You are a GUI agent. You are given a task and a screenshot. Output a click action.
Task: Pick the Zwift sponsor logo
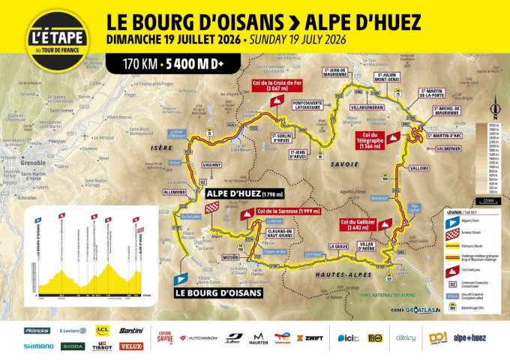pyautogui.click(x=309, y=338)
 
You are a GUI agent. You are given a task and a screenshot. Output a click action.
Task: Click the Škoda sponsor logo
pyautogui.click(x=73, y=346)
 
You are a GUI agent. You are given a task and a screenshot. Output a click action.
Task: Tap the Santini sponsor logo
pyautogui.click(x=131, y=330)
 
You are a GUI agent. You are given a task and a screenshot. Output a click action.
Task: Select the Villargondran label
pyautogui.click(x=367, y=107)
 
